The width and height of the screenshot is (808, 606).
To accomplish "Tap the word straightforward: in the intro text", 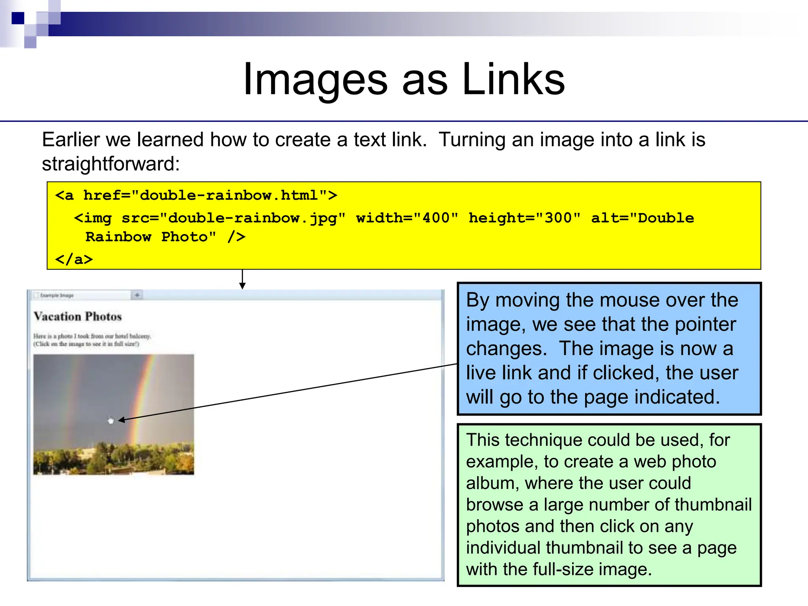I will coord(110,164).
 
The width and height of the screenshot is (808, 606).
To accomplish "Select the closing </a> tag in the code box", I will coord(74,260).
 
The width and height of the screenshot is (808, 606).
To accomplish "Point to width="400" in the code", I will coord(407,218).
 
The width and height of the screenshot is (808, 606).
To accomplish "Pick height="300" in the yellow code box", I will coord(524,218).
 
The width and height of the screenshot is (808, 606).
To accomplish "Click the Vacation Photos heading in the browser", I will coord(78,316).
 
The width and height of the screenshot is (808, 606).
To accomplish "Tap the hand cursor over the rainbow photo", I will coord(110,420).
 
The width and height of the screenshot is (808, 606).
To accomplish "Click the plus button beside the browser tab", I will coord(137,295).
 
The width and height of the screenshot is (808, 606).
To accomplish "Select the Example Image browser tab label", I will coord(57,295).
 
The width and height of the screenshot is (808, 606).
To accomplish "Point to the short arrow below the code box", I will coord(242,279).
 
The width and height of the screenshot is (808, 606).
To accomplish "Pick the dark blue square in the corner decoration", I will coord(18,18).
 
